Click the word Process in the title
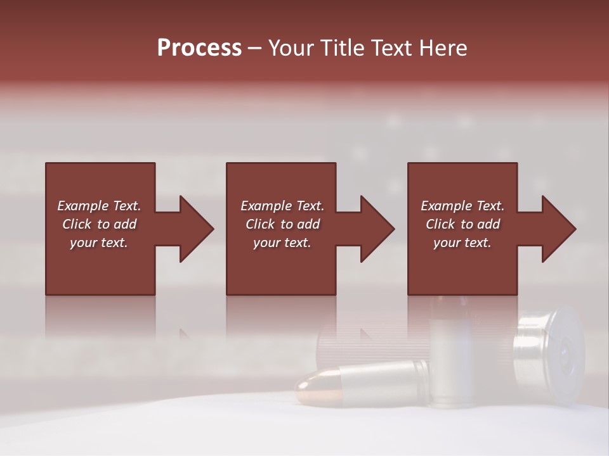tap(199, 47)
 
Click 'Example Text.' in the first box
tap(99, 206)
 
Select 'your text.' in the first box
tap(99, 243)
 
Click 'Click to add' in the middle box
tap(282, 224)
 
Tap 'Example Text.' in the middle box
tap(282, 206)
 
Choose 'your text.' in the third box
tap(462, 243)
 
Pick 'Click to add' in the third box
tap(462, 224)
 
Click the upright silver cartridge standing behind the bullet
tap(449, 355)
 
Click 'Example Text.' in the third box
tap(462, 206)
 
